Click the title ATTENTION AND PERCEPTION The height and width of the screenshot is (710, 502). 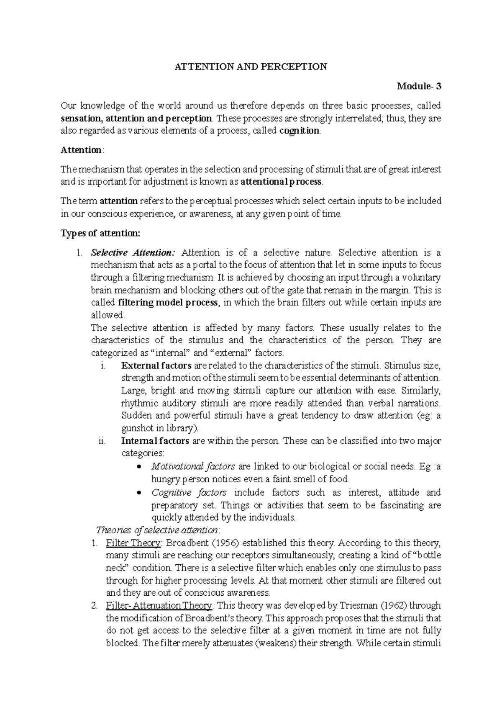tap(251, 67)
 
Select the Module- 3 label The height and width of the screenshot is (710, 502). tap(419, 87)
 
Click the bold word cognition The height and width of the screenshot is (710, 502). tap(299, 131)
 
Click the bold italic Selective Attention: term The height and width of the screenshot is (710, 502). tap(133, 253)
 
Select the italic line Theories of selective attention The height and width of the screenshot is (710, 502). tap(157, 530)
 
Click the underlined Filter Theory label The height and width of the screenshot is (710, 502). tap(133, 543)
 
